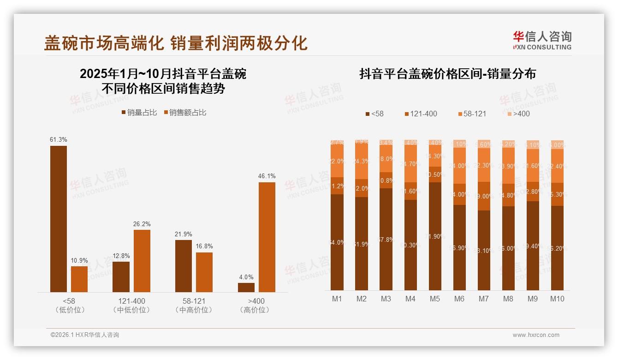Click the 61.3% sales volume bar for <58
click(x=59, y=219)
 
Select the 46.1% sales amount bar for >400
click(x=267, y=237)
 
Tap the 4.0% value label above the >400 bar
click(x=246, y=277)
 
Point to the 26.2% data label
click(x=142, y=224)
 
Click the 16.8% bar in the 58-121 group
click(x=204, y=272)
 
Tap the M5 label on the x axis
click(x=434, y=299)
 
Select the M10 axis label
click(x=557, y=299)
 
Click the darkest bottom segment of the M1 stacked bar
click(x=337, y=242)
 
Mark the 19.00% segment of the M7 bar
click(x=483, y=196)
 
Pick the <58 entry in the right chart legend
click(x=374, y=114)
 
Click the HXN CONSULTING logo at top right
click(x=542, y=41)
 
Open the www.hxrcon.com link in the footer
click(x=535, y=335)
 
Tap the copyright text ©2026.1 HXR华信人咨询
click(x=85, y=335)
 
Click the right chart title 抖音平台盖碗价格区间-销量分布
click(x=447, y=74)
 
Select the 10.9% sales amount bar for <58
click(x=79, y=279)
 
